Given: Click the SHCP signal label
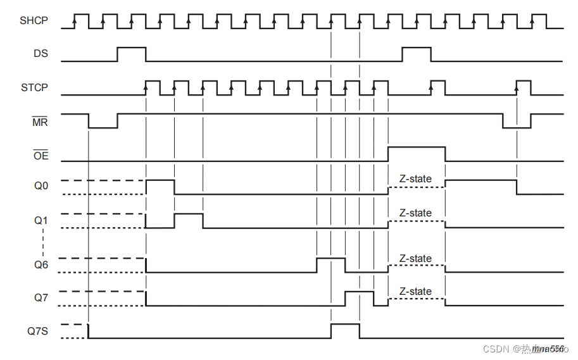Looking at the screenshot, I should pos(34,21).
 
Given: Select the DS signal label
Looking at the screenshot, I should pos(41,54).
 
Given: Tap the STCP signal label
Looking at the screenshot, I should pos(34,87).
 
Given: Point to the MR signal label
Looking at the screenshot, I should pos(40,121).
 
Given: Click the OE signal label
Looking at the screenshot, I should pos(40,154).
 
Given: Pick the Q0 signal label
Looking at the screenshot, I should pos(41,187).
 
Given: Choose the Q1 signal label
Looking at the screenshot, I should pos(41,221).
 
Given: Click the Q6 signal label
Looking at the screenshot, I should pos(41,265).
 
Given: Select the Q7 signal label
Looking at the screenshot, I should pos(41,298).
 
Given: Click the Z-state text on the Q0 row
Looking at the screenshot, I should pos(415,179).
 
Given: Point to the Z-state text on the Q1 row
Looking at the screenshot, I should pos(415,213).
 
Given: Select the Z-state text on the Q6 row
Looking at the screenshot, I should pos(415,258).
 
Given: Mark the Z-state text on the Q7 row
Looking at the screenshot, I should pos(415,291).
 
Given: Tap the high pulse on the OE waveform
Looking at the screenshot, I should pos(416,153).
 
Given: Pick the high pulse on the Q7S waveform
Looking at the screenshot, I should pos(345,330).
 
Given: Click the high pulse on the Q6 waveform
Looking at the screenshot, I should pos(330,264).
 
